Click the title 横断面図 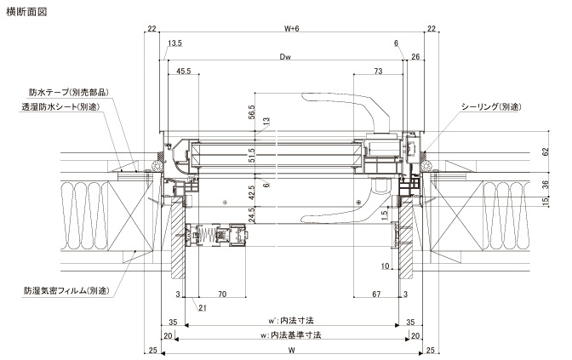point(26,12)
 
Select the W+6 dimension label point(291,28)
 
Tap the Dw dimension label point(285,56)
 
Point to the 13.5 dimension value point(174,43)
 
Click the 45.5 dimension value point(184,71)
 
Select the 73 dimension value point(378,71)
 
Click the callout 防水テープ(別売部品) point(69,92)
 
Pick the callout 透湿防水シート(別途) point(60,107)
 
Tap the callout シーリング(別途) point(491,106)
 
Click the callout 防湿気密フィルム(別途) point(66,291)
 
